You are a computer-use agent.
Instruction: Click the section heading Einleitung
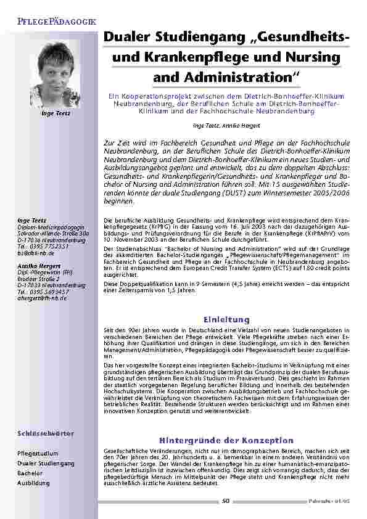(226, 319)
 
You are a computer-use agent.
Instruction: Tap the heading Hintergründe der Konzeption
(226, 440)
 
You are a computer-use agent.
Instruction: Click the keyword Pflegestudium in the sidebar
(38, 453)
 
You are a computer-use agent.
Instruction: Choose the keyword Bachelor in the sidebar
(30, 473)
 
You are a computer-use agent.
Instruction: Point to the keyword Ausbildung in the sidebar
(33, 483)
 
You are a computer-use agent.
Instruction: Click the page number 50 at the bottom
(226, 501)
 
